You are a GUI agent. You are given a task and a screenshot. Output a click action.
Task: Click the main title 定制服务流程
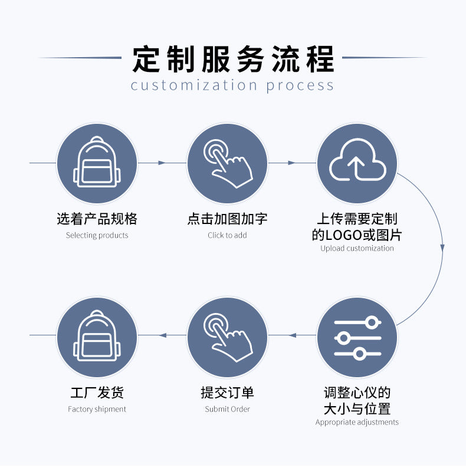pos(233,59)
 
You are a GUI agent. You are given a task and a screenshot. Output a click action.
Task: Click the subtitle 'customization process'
pos(232,85)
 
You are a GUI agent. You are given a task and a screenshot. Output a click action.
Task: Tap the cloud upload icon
pos(357,160)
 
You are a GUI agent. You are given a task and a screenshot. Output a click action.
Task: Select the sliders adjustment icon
pos(357,338)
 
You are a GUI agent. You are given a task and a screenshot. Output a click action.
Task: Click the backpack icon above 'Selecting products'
pos(97,162)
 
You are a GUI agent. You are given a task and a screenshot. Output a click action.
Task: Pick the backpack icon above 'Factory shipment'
pos(97,336)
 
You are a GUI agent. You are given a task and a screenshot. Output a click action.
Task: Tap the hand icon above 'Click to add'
pos(228,163)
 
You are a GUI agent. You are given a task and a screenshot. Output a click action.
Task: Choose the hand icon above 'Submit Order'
pos(228,337)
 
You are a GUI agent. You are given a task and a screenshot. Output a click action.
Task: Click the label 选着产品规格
pos(97,219)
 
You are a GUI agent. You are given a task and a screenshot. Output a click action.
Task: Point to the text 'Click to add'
pos(227,235)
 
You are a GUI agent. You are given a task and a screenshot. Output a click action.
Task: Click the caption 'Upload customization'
pos(357,248)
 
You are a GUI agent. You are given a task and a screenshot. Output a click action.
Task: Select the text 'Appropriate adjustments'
pos(357,422)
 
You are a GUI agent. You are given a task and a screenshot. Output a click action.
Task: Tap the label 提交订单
pos(227,393)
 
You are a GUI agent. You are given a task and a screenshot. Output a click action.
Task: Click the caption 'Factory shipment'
pos(97,409)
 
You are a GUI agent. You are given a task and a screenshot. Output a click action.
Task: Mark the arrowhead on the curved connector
pos(442,248)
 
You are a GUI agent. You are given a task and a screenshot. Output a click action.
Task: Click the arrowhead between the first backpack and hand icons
pos(162,163)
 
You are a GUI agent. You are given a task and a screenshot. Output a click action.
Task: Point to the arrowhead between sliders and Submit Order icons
pos(293,335)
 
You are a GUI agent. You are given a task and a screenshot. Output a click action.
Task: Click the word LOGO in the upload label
pos(343,235)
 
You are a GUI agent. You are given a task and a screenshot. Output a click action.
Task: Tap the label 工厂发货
pos(97,393)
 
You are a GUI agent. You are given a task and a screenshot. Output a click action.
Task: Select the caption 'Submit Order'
pos(227,409)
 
